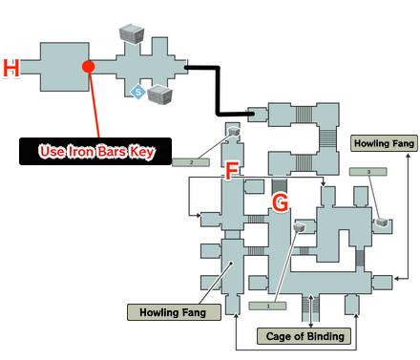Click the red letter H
(11, 68)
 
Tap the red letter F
(230, 172)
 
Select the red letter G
(280, 202)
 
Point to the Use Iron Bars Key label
(94, 151)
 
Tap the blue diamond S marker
(138, 92)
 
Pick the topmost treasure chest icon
(130, 34)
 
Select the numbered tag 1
(269, 306)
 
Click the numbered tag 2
(192, 162)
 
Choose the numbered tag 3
(368, 171)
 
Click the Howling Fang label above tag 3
(382, 143)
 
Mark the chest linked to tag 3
(382, 221)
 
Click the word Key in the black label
(140, 151)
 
